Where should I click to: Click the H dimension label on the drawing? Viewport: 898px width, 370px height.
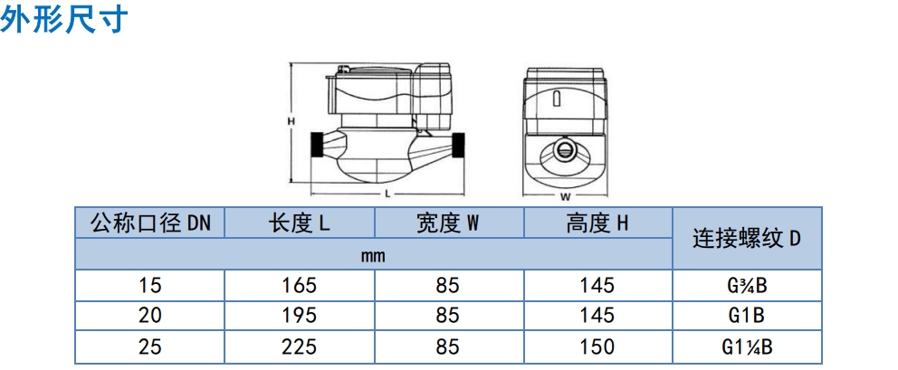coord(291,121)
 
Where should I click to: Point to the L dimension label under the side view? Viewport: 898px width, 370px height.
coord(387,194)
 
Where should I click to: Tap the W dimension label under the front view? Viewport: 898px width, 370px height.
coord(565,197)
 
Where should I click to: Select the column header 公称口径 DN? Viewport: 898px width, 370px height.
coord(150,223)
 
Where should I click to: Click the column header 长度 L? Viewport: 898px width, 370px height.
coord(299,223)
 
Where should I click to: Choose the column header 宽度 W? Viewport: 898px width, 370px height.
coord(448,223)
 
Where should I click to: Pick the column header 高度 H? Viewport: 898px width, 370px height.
coord(597,223)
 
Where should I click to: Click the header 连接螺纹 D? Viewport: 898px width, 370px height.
coord(747,238)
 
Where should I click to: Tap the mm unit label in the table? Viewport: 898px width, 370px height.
coord(373,255)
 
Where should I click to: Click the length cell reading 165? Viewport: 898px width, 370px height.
coord(299,285)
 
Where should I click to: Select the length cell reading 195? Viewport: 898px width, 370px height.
coord(299,316)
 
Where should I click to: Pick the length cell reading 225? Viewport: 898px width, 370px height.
coord(299,346)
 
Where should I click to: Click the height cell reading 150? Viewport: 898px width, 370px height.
coord(597,346)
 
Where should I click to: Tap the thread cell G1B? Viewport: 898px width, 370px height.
coord(747,316)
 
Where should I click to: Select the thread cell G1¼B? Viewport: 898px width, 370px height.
coord(747,346)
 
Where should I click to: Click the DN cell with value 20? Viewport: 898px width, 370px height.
coord(150,316)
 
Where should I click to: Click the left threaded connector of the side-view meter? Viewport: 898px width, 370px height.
coord(317,146)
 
